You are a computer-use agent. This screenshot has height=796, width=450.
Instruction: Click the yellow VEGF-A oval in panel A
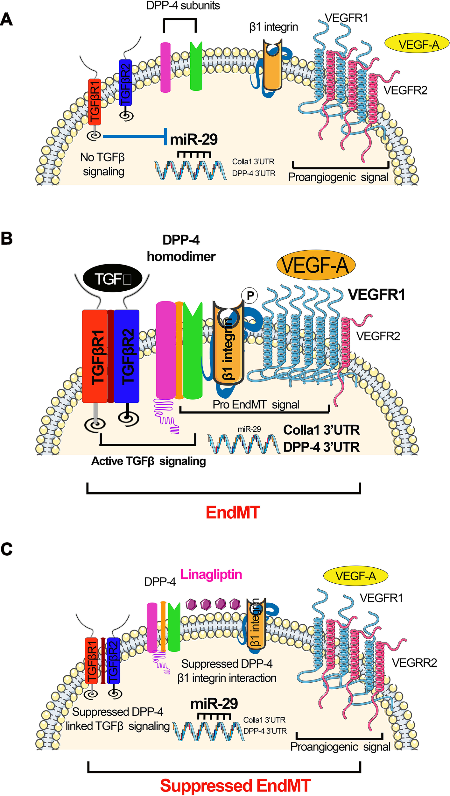pyautogui.click(x=417, y=44)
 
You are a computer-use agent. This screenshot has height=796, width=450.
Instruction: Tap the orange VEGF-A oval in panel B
pyautogui.click(x=315, y=265)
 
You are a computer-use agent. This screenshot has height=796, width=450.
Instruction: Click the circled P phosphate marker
pyautogui.click(x=250, y=295)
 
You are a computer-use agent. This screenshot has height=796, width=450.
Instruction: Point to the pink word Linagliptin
pyautogui.click(x=211, y=574)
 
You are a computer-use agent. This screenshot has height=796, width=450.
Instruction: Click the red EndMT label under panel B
pyautogui.click(x=233, y=512)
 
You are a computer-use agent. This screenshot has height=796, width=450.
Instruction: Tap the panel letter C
pyautogui.click(x=7, y=549)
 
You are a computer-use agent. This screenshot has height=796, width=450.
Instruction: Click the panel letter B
pyautogui.click(x=7, y=238)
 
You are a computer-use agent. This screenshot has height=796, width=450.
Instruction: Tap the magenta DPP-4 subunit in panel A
pyautogui.click(x=165, y=68)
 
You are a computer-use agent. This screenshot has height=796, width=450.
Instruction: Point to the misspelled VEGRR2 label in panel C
pyautogui.click(x=414, y=663)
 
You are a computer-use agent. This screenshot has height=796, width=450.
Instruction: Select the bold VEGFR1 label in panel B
pyautogui.click(x=376, y=295)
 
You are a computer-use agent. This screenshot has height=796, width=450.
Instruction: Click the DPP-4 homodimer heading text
pyautogui.click(x=181, y=248)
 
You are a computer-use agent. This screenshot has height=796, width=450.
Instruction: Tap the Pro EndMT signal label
pyautogui.click(x=256, y=404)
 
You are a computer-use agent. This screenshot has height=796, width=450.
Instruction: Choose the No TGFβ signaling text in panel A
pyautogui.click(x=103, y=164)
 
